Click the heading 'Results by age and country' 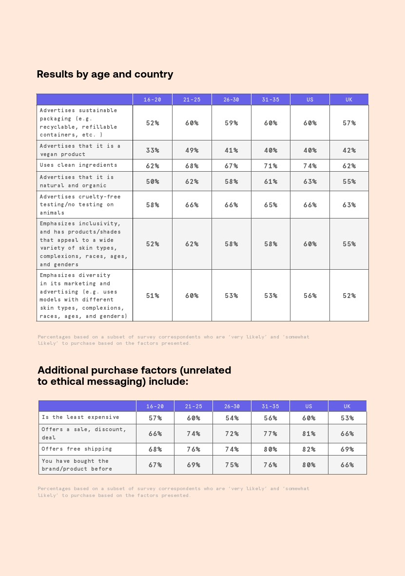(x=105, y=74)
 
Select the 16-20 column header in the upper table (x=153, y=99)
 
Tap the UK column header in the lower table (x=347, y=406)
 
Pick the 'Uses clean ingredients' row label (x=78, y=165)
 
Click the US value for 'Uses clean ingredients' (x=310, y=166)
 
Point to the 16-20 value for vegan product (x=153, y=150)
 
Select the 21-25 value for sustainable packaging (x=192, y=123)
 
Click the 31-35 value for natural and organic (x=270, y=181)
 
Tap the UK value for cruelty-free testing (x=349, y=205)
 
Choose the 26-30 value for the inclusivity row (x=231, y=244)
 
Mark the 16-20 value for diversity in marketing (x=153, y=296)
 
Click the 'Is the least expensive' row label (x=80, y=417)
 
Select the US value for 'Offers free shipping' (x=309, y=449)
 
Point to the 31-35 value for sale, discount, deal (x=270, y=434)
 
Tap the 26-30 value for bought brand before (x=232, y=465)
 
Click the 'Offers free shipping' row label (x=77, y=449)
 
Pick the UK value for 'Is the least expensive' (x=347, y=418)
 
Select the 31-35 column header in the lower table (x=270, y=406)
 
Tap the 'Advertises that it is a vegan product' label (x=80, y=150)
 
